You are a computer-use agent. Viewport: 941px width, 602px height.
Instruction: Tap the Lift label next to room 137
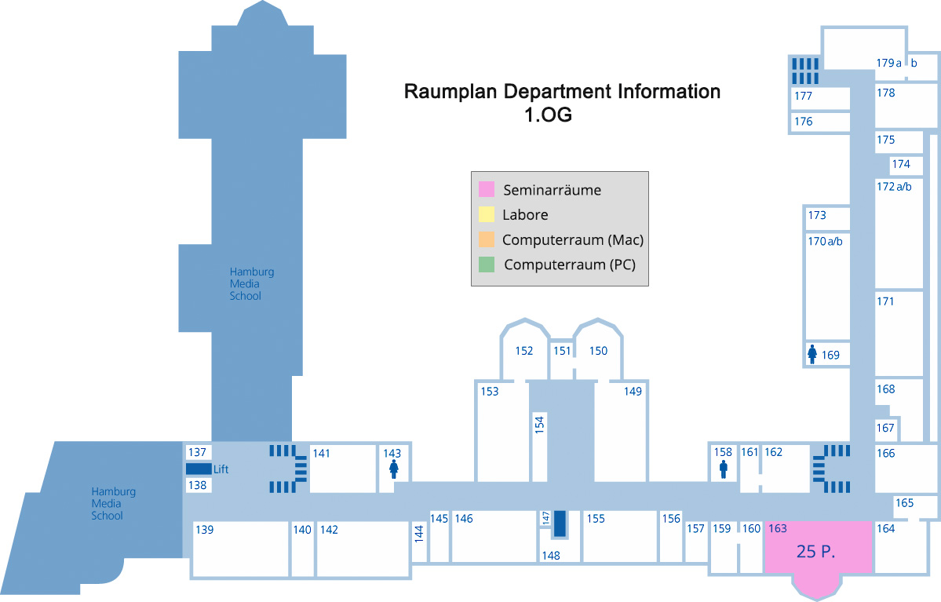[221, 469]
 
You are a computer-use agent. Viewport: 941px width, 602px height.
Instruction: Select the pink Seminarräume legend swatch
[487, 190]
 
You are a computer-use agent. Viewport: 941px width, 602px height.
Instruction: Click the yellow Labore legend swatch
[487, 214]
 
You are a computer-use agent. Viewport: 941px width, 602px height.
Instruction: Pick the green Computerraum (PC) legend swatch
[487, 265]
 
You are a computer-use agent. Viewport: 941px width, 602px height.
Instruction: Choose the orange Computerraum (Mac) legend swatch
[487, 239]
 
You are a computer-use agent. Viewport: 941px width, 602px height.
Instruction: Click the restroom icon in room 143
[392, 469]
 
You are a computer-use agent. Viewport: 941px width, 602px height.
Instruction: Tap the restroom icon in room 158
[723, 469]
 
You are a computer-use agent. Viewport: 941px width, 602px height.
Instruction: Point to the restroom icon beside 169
[812, 355]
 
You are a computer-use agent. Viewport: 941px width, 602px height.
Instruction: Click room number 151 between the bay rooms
[562, 351]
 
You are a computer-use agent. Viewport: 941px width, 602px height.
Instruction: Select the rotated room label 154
[539, 425]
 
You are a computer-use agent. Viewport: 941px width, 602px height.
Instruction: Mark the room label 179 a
[888, 63]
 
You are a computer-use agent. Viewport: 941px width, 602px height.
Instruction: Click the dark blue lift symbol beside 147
[560, 524]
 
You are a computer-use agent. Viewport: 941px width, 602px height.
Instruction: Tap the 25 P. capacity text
[815, 552]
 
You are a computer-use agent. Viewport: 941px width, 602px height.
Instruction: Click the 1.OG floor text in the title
[548, 115]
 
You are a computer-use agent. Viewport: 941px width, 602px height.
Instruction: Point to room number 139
[204, 530]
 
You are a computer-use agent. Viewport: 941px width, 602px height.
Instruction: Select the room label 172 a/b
[894, 187]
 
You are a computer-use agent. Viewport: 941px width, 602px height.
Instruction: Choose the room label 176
[803, 122]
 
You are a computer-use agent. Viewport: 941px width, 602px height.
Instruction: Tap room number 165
[904, 503]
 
